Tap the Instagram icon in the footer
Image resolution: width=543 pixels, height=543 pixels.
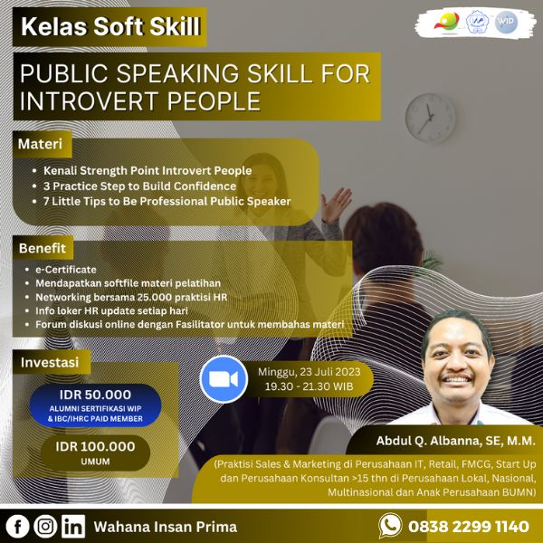(46, 526)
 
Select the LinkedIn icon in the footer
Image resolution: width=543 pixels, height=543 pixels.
(74, 526)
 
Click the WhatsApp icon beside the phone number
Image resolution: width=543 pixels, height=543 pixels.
(390, 525)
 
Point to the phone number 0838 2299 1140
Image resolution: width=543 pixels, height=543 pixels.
(469, 526)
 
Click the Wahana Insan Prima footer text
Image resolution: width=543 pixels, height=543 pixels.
(166, 526)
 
